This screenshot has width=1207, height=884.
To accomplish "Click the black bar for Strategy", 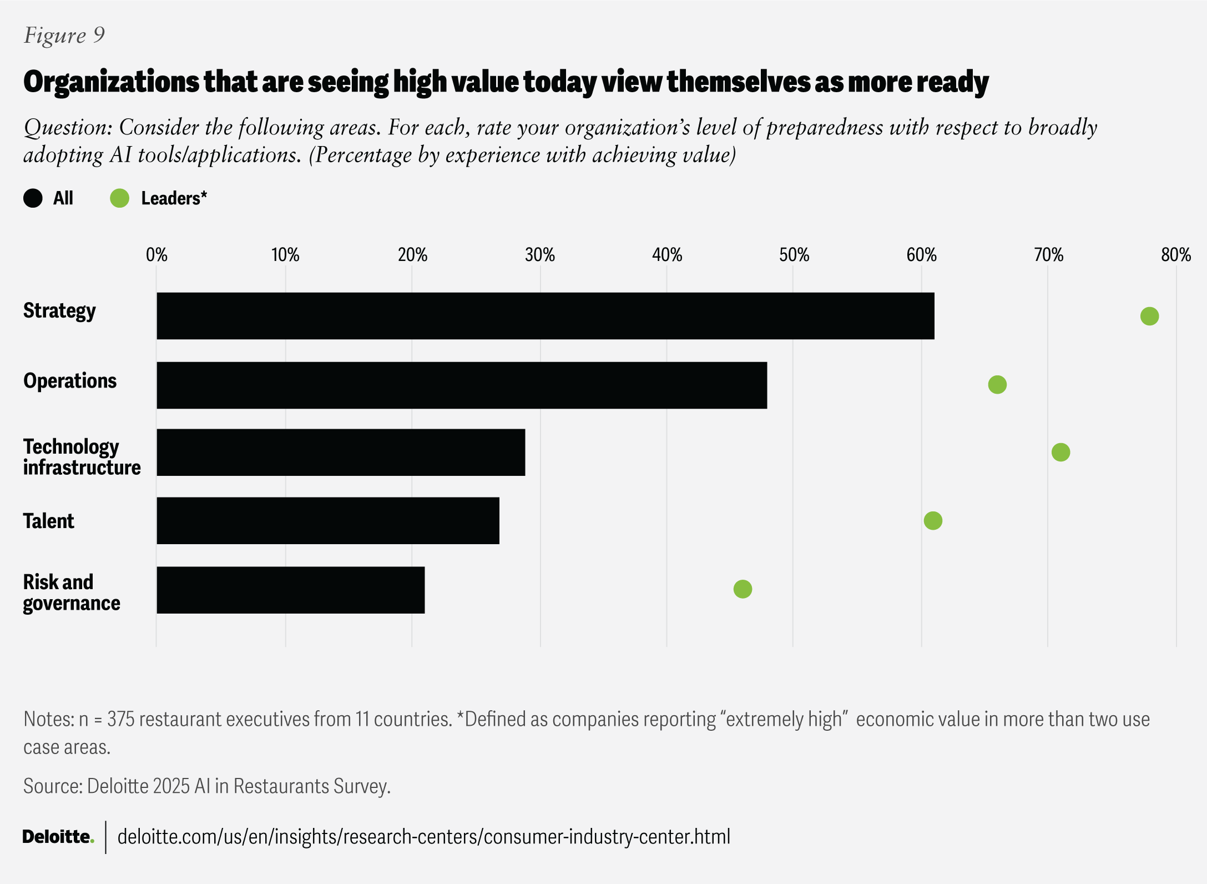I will point(545,316).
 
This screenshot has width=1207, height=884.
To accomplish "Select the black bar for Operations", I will point(462,385).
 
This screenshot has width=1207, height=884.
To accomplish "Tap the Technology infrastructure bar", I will point(341,453).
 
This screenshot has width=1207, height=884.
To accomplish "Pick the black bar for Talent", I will point(328,521).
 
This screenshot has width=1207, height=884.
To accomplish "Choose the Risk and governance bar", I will point(290,590).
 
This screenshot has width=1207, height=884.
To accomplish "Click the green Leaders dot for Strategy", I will point(1149,316).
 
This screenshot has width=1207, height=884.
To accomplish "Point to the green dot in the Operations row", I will point(997,384).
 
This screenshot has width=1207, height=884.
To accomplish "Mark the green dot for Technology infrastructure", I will point(1060,452).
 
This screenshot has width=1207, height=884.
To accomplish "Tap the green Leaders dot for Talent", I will point(933,521).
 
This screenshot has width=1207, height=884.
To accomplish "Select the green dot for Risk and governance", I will point(743,589).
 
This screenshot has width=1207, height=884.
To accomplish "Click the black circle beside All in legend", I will point(33,198).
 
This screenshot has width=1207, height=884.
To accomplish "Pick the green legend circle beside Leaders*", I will point(119,198).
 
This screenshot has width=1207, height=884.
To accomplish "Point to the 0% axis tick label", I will point(156,255).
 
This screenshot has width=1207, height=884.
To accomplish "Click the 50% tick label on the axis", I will point(794,255).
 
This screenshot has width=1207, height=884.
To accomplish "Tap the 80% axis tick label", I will point(1176,255).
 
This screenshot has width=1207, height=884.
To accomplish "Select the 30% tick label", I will point(540,255).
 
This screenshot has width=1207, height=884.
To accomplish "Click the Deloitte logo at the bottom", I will point(58,837).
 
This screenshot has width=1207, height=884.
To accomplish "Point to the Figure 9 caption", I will point(64,35).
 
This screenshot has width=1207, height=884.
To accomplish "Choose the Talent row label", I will point(49,521).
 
